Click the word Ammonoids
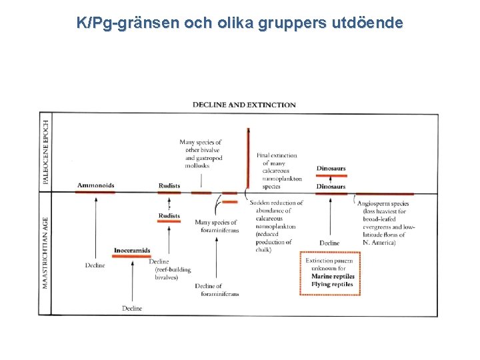point(95,185)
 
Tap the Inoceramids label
point(131,251)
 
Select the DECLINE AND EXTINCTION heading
point(244,105)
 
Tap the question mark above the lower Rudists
point(169,207)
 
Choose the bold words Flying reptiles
point(332,285)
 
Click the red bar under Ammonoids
point(95,193)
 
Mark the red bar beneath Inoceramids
point(131,257)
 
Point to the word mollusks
point(198,165)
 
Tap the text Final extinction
point(277,155)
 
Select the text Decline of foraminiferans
point(217,290)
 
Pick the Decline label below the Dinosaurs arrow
point(329,243)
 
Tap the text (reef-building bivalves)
point(172,273)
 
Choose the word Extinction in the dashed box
point(320,261)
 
